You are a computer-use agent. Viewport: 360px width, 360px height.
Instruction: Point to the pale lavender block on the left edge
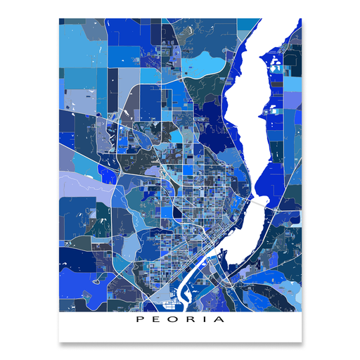tap(77, 186)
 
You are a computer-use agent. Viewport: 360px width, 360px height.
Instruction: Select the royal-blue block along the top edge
tap(134, 32)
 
